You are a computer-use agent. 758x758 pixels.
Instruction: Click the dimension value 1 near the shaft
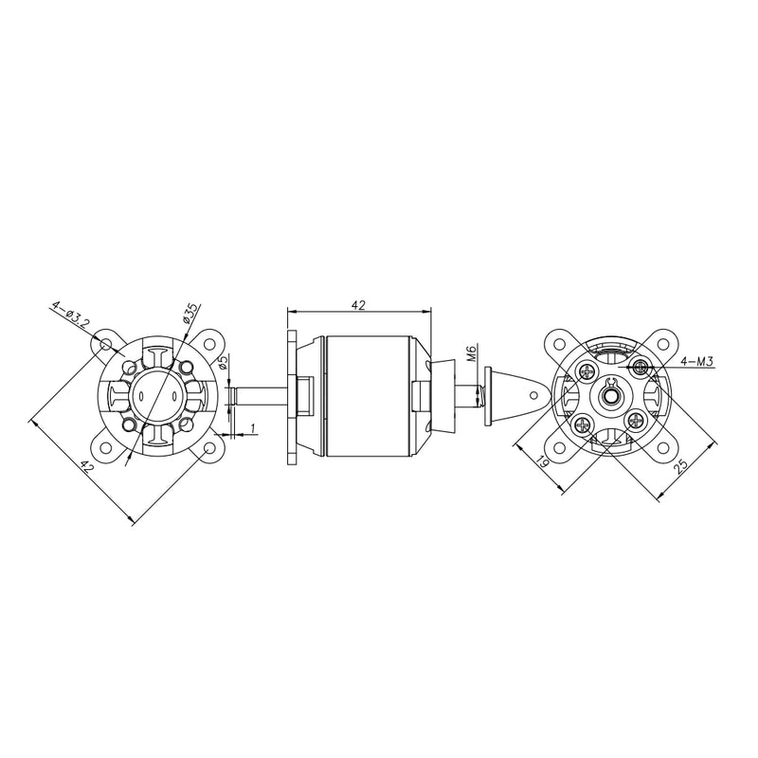pos(253,429)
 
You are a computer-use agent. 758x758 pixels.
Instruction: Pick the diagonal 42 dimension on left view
pos(85,466)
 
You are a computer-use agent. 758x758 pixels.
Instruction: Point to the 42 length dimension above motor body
pos(358,305)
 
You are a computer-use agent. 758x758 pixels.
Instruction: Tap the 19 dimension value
pos(542,461)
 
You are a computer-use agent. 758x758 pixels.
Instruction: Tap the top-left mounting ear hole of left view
pos(107,343)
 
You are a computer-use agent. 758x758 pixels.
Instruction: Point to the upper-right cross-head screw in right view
pos(641,366)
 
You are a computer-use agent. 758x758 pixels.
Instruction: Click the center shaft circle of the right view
pos(610,392)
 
